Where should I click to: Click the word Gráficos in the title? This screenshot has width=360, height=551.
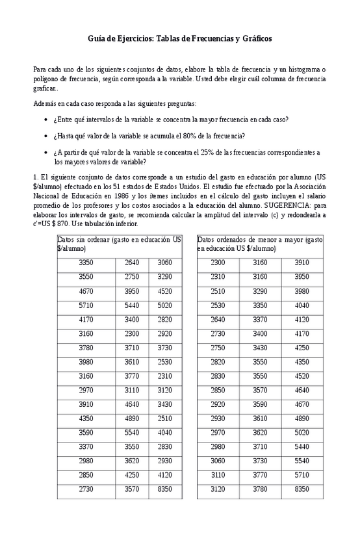pyautogui.click(x=254, y=38)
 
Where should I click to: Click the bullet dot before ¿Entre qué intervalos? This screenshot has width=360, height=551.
pyautogui.click(x=45, y=120)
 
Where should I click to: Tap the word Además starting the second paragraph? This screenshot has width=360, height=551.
pyautogui.click(x=44, y=103)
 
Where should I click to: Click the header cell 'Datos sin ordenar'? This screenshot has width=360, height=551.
pyautogui.click(x=120, y=244)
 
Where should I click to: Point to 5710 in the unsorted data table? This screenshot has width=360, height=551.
pyautogui.click(x=86, y=304)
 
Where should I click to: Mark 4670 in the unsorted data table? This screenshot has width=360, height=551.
pyautogui.click(x=86, y=290)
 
